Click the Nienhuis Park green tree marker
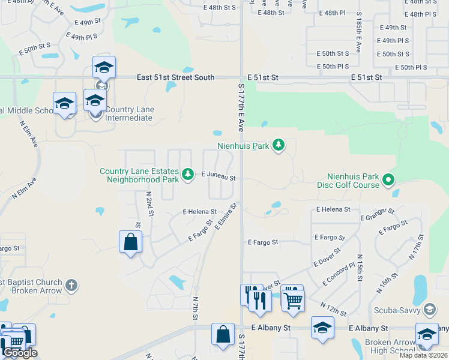pyautogui.click(x=278, y=145)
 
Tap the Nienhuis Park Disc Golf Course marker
pyautogui.click(x=388, y=179)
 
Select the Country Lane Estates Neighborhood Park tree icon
pyautogui.click(x=188, y=174)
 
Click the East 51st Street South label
pyautogui.click(x=175, y=77)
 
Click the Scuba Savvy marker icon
pyautogui.click(x=429, y=310)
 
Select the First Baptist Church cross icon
pyautogui.click(x=71, y=285)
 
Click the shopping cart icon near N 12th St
pyautogui.click(x=293, y=301)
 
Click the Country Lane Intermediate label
pyautogui.click(x=129, y=113)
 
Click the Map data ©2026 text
pyautogui.click(x=424, y=355)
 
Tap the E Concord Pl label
pyautogui.click(x=339, y=272)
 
